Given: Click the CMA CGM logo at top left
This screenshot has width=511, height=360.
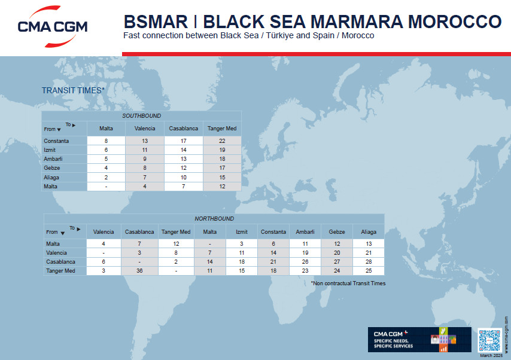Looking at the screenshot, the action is coord(53,26).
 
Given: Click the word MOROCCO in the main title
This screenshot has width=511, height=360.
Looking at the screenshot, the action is coord(455,22).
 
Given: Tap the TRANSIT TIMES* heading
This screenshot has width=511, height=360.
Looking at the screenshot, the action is coord(74,90).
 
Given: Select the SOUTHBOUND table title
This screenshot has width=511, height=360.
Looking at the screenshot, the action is coord(141,115).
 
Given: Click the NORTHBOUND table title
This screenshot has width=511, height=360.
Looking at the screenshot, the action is coord(214,219).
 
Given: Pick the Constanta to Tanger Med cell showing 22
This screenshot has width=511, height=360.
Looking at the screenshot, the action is coord(222,141).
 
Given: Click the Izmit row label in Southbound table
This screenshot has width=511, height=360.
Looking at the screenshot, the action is coord(50,150).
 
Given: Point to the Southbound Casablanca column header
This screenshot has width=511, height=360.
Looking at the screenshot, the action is coord(184,129).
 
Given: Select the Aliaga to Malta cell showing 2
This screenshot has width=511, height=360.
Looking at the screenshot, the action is coord(107,178).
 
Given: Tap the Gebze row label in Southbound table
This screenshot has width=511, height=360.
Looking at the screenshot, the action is coord(52,168).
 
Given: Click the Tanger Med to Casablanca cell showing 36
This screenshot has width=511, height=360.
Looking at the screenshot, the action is coord(139,271).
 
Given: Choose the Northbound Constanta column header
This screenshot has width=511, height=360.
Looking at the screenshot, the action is coord(273,232).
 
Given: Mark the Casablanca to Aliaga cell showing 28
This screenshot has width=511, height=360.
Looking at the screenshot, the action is coord(369,261).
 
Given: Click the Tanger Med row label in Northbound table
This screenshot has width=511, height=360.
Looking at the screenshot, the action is coord(60,271).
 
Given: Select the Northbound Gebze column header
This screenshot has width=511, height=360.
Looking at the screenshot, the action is coord(337,232).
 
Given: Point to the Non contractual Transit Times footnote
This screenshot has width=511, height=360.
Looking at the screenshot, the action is coord(348,283).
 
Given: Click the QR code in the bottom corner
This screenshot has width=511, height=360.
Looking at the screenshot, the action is coord(489,340).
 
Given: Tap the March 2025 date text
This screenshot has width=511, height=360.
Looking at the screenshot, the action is coord(491,355).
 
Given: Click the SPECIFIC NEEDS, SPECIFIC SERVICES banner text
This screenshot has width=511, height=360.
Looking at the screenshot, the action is coord(393,343).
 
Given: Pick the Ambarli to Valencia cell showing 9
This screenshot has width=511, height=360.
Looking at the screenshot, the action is coord(145,159).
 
